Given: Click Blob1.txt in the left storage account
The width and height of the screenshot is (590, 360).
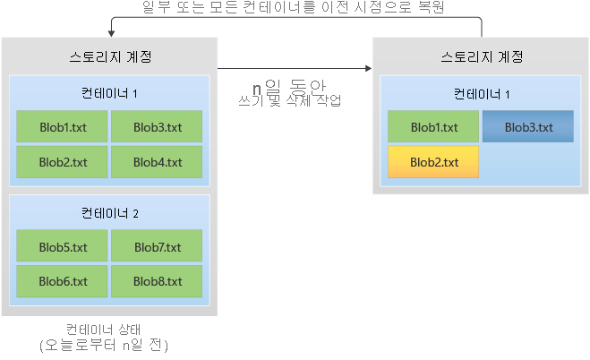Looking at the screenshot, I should coord(62,126).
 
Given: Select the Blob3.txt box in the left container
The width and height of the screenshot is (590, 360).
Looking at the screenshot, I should coord(157,126).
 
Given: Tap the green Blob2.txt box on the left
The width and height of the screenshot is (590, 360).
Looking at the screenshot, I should coord(62,162).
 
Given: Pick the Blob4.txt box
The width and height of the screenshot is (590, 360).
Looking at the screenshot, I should coord(157,162).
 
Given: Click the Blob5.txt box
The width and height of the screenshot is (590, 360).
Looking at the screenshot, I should coord(62,246).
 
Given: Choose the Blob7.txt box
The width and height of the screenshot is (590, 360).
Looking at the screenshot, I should coord(157,246).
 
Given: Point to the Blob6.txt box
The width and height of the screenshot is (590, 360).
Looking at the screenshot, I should coord(62,280).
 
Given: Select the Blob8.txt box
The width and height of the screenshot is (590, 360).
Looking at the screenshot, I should coord(157,280).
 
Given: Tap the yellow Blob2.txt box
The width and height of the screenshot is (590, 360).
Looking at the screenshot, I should coord(433,162).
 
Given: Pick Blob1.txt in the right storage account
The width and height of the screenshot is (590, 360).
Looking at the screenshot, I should coord(433,126).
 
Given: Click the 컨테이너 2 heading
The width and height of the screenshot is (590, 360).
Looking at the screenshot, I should coord(109,213).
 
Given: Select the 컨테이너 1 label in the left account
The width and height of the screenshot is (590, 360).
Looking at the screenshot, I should coord(109,93).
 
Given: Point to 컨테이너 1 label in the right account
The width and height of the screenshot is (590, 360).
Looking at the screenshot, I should coord(482,93).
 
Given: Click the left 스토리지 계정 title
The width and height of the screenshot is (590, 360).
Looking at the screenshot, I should coord(109,56).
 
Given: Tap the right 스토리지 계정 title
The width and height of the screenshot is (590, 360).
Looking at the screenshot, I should coord(482,56).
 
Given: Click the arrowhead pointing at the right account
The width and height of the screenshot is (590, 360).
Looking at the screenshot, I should coord(367,68).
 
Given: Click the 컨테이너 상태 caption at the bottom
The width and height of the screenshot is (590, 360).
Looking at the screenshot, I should coord(109,329).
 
